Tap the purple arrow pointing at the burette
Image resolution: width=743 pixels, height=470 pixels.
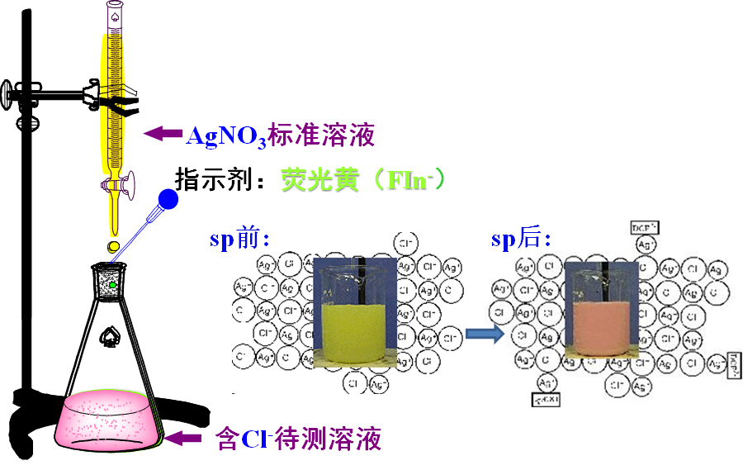coord(163,132)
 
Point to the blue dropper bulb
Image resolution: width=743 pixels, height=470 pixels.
coord(168,199)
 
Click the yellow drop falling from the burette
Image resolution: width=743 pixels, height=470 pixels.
coord(113,246)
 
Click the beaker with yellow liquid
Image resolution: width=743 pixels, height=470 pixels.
coord(352,312)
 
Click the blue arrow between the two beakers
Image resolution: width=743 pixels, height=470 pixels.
coord(484,333)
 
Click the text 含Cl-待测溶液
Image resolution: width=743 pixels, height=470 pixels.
coord(298,438)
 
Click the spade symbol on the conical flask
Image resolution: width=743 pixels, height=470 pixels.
coord(108,335)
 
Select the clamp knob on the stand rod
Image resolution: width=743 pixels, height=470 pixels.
coord(11,93)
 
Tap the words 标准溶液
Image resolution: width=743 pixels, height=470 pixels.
coord(329,135)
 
